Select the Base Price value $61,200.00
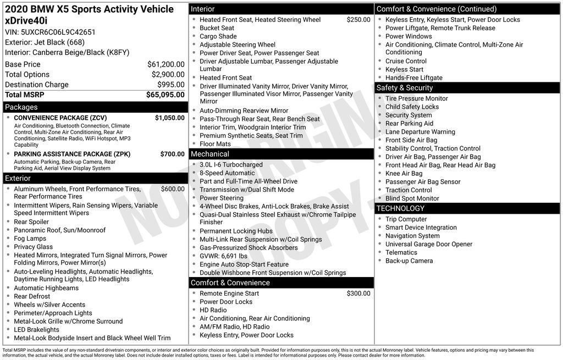pos(165,64)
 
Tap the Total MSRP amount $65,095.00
pos(165,95)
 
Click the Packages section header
pos(21,107)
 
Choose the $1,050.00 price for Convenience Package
pos(169,118)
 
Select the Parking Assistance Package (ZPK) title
pos(72,154)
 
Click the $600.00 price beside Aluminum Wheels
pos(173,189)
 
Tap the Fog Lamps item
pos(30,239)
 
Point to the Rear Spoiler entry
pos(31,222)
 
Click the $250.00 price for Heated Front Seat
pos(358,20)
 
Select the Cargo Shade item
pos(218,36)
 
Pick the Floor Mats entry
pos(215,144)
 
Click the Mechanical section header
pos(210,154)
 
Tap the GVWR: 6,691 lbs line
pos(223,256)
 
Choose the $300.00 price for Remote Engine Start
pos(358,293)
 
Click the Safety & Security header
pos(405,88)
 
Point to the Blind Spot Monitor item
pos(412,198)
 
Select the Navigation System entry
pos(412,236)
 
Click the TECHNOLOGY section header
pos(400,208)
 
